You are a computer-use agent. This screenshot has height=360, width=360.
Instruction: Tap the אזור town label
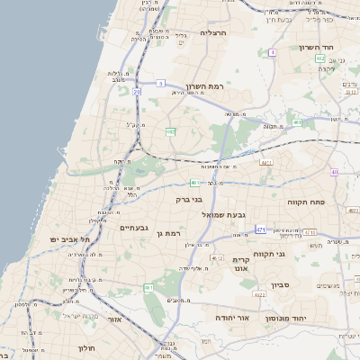tap(115, 319)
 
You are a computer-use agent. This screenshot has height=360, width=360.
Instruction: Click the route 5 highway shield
tap(159, 83)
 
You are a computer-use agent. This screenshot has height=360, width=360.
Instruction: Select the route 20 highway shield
tap(137, 92)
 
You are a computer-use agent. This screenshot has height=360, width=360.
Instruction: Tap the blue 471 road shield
tap(260, 229)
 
